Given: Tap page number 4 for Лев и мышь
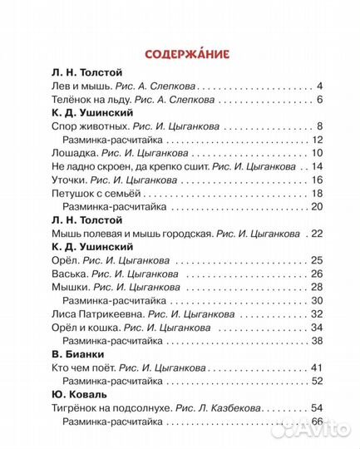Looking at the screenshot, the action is click(x=320, y=86).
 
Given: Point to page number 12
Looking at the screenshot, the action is click(x=317, y=140).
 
